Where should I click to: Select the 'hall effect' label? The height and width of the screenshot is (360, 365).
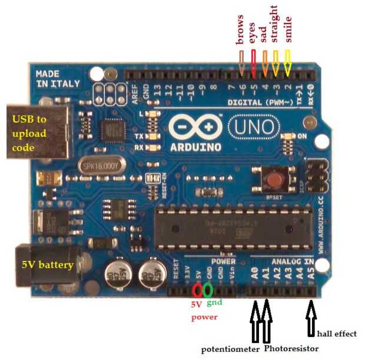[x=337, y=333]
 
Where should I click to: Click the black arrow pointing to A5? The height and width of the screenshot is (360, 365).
[x=311, y=319]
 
